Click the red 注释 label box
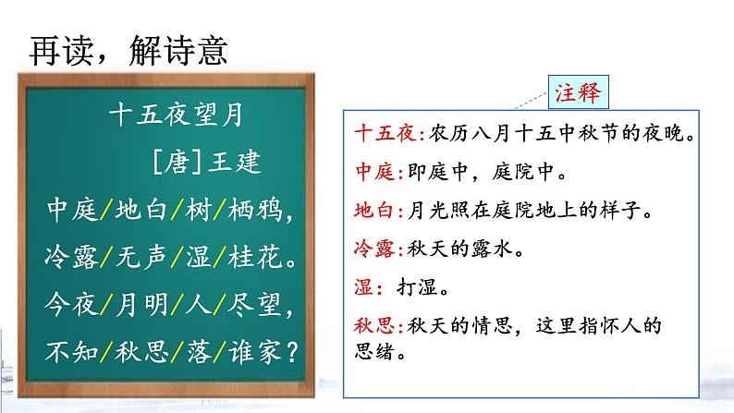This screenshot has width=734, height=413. point(580,91)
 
